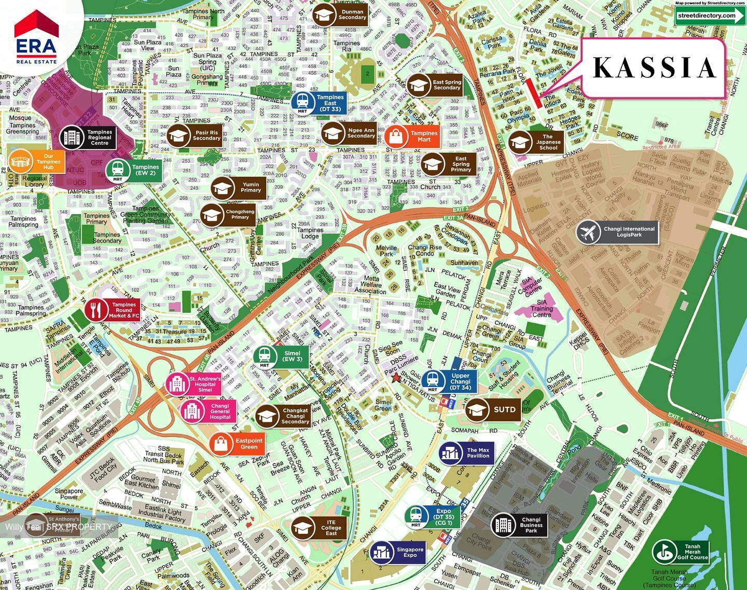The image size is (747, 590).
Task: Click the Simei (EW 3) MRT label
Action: pos(292,356)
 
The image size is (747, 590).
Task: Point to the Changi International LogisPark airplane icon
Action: pos(588,232)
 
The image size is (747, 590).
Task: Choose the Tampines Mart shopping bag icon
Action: pos(396,136)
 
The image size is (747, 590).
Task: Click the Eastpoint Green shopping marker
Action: pos(238,444)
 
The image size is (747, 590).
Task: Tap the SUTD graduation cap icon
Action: pos(477,410)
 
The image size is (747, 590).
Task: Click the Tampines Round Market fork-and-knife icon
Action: pos(96,310)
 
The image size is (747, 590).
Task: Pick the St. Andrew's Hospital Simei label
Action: pos(204,384)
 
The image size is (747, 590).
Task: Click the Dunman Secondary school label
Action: pos(351,15)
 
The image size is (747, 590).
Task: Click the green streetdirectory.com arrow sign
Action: pos(710,15)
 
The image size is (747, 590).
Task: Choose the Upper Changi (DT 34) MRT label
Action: pos(460,381)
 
